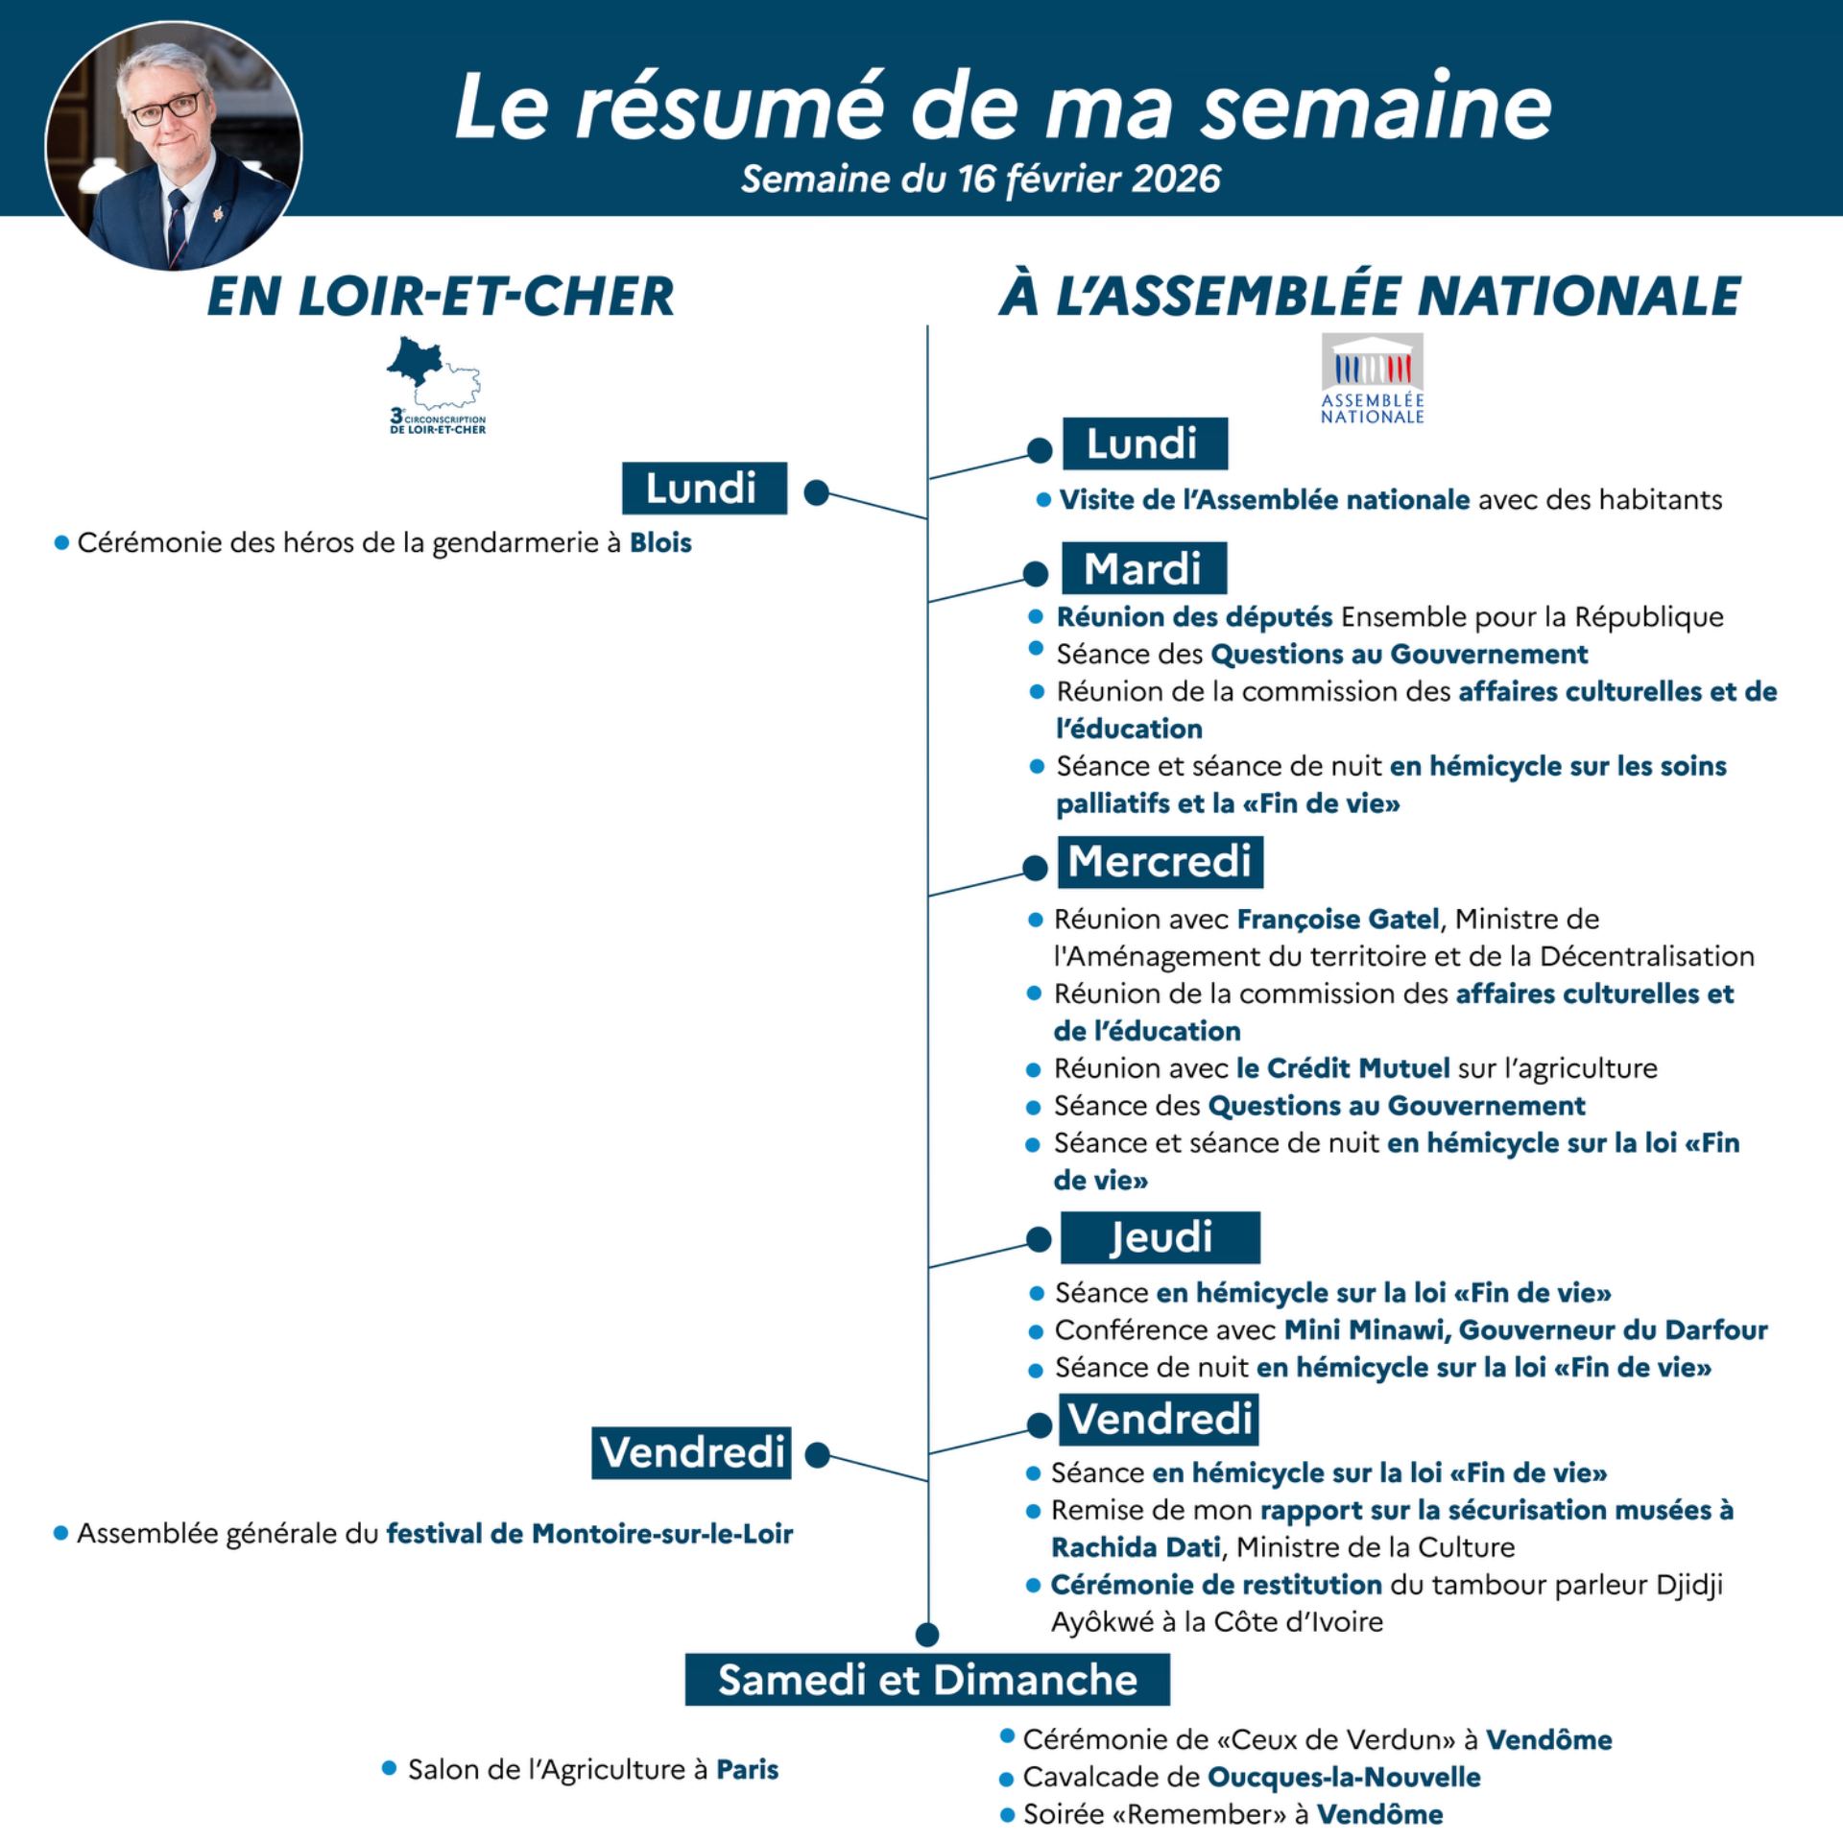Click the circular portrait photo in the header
pyautogui.click(x=174, y=146)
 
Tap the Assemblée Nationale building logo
pyautogui.click(x=1372, y=377)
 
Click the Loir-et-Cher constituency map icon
pyautogui.click(x=435, y=384)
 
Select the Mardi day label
pyautogui.click(x=1143, y=568)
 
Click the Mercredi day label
pyautogui.click(x=1160, y=861)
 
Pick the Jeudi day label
pyautogui.click(x=1160, y=1236)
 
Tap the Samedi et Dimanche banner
pyautogui.click(x=927, y=1680)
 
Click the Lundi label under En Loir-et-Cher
pyautogui.click(x=704, y=488)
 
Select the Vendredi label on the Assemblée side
pyautogui.click(x=1160, y=1419)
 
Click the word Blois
pyautogui.click(x=660, y=542)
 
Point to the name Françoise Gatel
pyautogui.click(x=1337, y=919)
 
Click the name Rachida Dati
pyautogui.click(x=1136, y=1547)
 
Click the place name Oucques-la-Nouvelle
pyautogui.click(x=1343, y=1777)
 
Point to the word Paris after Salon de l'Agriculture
pyautogui.click(x=747, y=1769)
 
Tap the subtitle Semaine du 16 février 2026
pyautogui.click(x=980, y=179)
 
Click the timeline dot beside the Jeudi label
pyautogui.click(x=1039, y=1239)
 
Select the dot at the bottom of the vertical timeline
pyautogui.click(x=927, y=1634)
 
